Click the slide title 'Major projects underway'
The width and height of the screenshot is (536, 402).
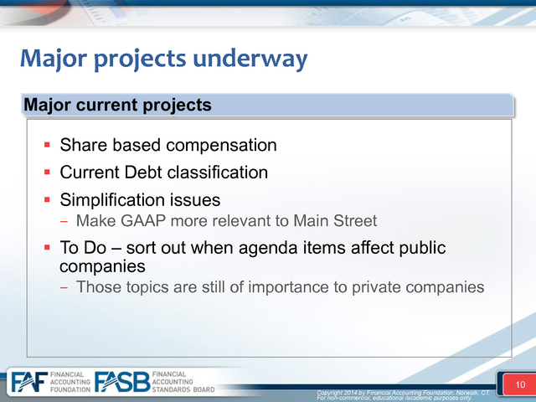pyautogui.click(x=164, y=59)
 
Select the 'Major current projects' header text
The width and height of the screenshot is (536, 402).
pyautogui.click(x=117, y=105)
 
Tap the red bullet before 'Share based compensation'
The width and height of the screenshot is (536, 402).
pyautogui.click(x=47, y=145)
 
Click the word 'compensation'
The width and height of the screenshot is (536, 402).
pyautogui.click(x=221, y=146)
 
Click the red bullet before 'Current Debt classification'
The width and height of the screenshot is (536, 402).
pyautogui.click(x=47, y=172)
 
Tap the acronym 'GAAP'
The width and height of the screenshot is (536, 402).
pyautogui.click(x=143, y=221)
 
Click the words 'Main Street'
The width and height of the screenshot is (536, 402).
pyautogui.click(x=335, y=221)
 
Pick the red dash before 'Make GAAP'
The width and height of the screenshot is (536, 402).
pyautogui.click(x=64, y=221)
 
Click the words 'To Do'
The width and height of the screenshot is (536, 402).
pyautogui.click(x=83, y=248)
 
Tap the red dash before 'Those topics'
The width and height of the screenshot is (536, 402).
pyautogui.click(x=64, y=287)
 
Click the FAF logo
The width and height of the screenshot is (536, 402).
pyautogui.click(x=29, y=382)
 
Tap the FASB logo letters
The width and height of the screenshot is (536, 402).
pyautogui.click(x=122, y=382)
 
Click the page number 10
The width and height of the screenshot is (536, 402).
pyautogui.click(x=520, y=385)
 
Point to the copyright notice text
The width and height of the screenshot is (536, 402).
pyautogui.click(x=403, y=395)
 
